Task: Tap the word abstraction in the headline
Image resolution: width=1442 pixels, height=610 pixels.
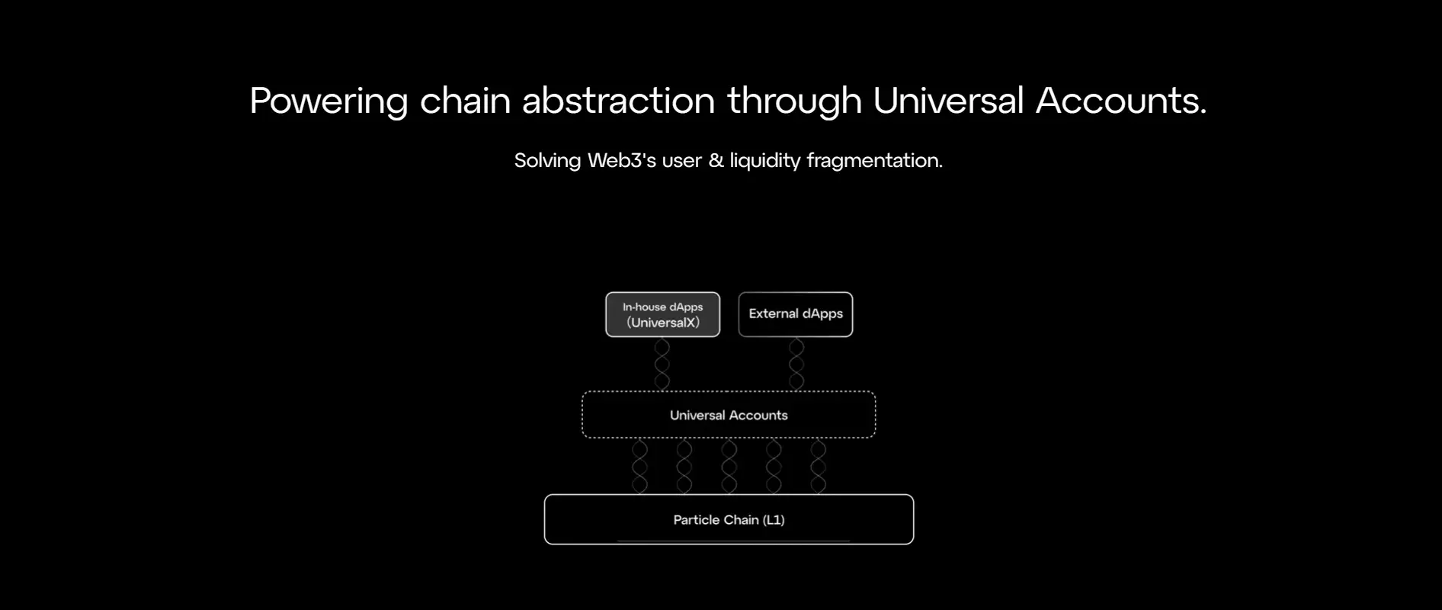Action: [618, 100]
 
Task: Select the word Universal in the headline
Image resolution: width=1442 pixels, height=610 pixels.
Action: [948, 100]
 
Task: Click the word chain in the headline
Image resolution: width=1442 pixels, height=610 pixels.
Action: [465, 100]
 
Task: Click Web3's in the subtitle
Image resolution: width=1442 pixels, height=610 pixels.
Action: [622, 160]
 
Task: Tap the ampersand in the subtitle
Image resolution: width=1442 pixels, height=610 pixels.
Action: [716, 160]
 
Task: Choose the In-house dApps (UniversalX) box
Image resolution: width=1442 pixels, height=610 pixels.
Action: [663, 314]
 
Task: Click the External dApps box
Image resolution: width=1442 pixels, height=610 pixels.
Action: [796, 314]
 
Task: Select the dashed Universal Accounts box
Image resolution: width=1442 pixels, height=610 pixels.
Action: [729, 392]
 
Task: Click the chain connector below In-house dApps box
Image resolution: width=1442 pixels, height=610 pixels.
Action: [662, 364]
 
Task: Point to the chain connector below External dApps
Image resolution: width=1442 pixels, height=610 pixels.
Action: [796, 364]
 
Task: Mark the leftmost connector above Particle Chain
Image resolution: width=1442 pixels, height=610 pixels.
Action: [640, 467]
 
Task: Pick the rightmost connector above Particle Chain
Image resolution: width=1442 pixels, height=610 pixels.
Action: [819, 467]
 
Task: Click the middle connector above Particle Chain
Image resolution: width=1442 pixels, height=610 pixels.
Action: [729, 467]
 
